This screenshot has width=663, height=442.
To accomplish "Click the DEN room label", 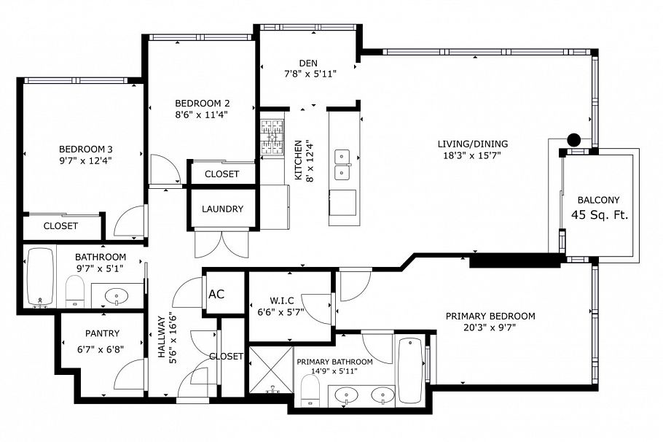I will click(307, 62).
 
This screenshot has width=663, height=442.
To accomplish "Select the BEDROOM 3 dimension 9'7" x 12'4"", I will click(86, 159).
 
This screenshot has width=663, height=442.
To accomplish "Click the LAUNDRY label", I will click(222, 209).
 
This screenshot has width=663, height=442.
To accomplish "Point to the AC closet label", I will click(216, 295).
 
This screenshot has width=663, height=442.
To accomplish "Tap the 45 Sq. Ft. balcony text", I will click(600, 215).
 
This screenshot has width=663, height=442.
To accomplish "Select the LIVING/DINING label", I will click(473, 144).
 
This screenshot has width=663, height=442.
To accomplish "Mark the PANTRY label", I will click(101, 333).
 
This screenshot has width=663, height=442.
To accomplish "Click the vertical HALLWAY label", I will click(162, 334).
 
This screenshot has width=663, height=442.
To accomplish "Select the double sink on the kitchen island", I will click(342, 165).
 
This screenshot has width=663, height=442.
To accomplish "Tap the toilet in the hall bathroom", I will click(76, 292).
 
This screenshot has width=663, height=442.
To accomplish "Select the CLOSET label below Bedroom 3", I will click(60, 226).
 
